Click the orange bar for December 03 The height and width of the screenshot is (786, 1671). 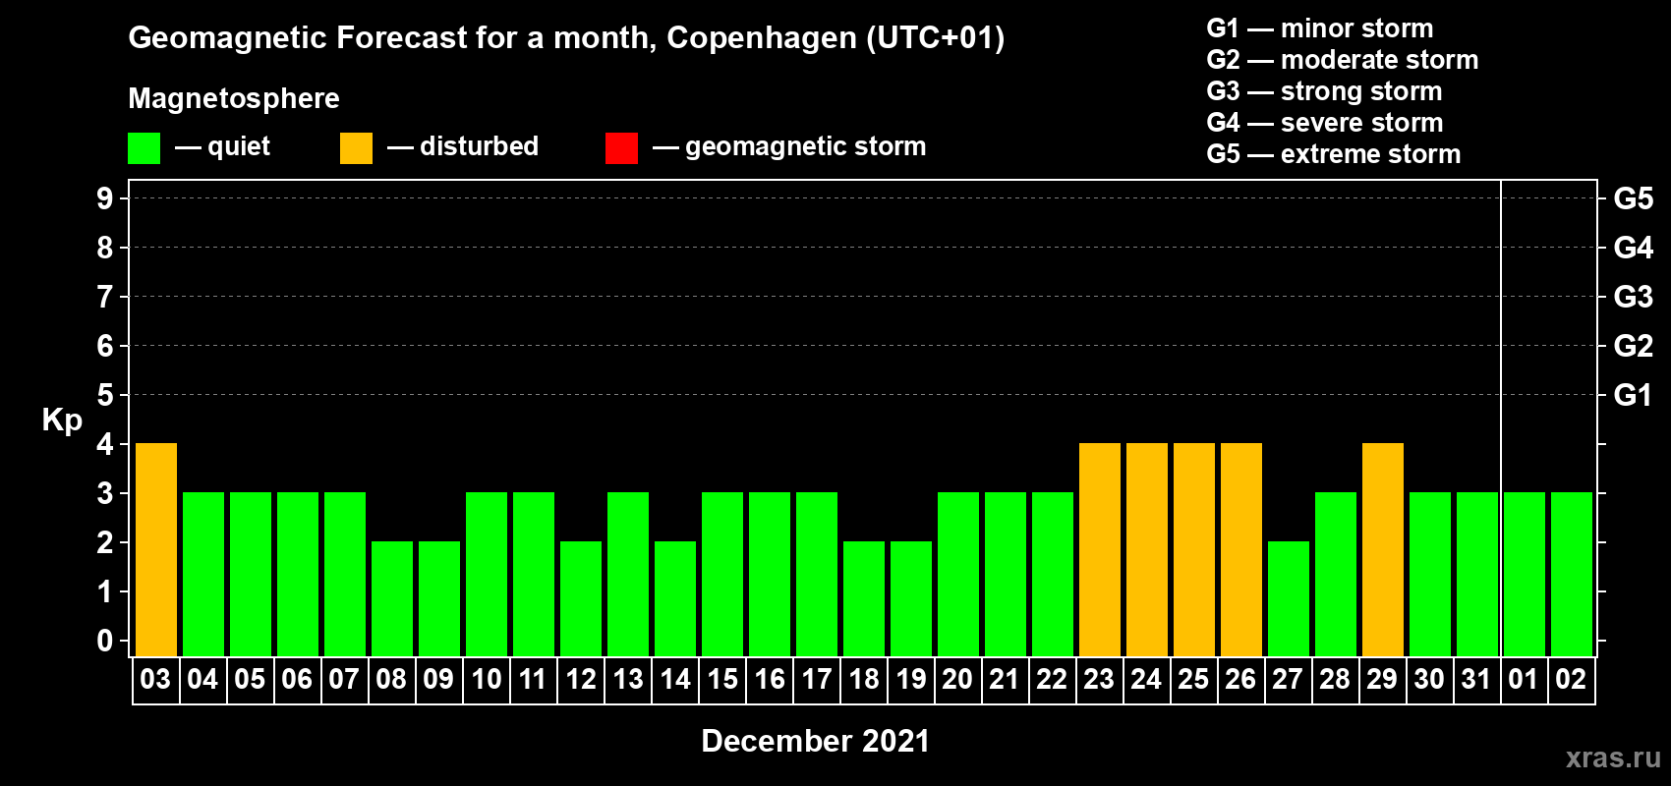(x=156, y=549)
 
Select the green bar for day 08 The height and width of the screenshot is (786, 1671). (x=392, y=598)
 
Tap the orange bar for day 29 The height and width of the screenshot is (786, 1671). (x=1383, y=549)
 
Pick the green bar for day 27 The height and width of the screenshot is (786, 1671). (x=1289, y=598)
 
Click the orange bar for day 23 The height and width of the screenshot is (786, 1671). (x=1100, y=549)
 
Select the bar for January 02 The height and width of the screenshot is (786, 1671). (x=1572, y=574)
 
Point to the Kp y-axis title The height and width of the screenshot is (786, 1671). (x=62, y=420)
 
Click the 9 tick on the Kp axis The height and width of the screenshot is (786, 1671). (x=105, y=198)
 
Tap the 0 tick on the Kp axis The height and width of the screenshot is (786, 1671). (x=105, y=641)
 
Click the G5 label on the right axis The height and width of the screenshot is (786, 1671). (x=1633, y=198)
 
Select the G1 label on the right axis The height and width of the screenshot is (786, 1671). (x=1633, y=395)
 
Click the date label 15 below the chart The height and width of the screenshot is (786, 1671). (x=722, y=679)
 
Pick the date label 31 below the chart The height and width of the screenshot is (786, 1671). (x=1476, y=679)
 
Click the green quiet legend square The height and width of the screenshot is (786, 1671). (x=144, y=148)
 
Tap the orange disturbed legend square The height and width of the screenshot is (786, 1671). (x=356, y=148)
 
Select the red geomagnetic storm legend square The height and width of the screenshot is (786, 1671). (x=621, y=148)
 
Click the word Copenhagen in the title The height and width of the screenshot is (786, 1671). (x=762, y=38)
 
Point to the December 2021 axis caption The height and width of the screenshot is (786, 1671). (x=815, y=741)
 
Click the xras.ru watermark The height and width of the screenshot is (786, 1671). (x=1613, y=758)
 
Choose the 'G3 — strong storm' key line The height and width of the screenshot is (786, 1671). (x=1324, y=91)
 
